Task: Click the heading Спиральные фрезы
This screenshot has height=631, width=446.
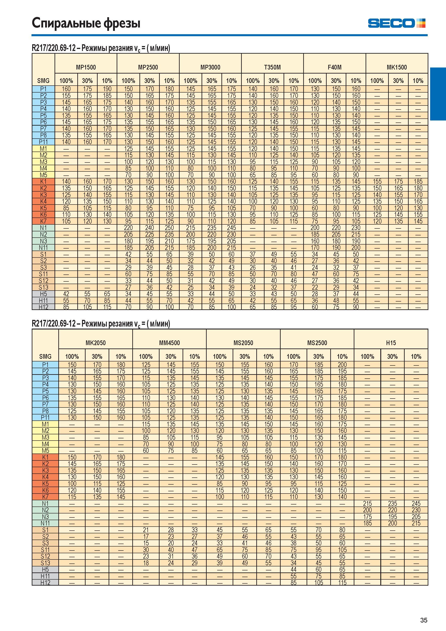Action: (x=86, y=23)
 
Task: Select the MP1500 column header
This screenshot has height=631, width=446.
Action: (x=86, y=67)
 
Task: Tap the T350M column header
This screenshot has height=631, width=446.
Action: (x=272, y=67)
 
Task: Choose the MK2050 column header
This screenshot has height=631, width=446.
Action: (x=96, y=343)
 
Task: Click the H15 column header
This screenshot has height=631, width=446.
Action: (x=391, y=343)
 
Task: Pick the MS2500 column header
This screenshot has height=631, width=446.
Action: (x=317, y=343)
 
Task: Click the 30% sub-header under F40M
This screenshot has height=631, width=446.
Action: (x=336, y=81)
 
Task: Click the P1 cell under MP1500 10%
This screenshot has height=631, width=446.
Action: (x=107, y=89)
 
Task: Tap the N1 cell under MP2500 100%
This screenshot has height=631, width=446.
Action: (x=128, y=228)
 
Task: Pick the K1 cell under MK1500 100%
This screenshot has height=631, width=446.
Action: (x=377, y=181)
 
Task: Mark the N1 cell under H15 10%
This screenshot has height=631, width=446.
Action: (x=416, y=503)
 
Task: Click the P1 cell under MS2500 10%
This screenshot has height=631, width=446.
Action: (x=342, y=365)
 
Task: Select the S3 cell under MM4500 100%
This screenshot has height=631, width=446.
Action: (x=146, y=543)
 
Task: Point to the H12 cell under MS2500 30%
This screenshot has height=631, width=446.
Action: (x=318, y=583)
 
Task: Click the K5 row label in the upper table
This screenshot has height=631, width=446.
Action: (x=43, y=208)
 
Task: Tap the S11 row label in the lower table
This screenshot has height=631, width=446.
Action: (x=45, y=550)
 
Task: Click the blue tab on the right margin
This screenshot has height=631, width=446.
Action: (x=438, y=94)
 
